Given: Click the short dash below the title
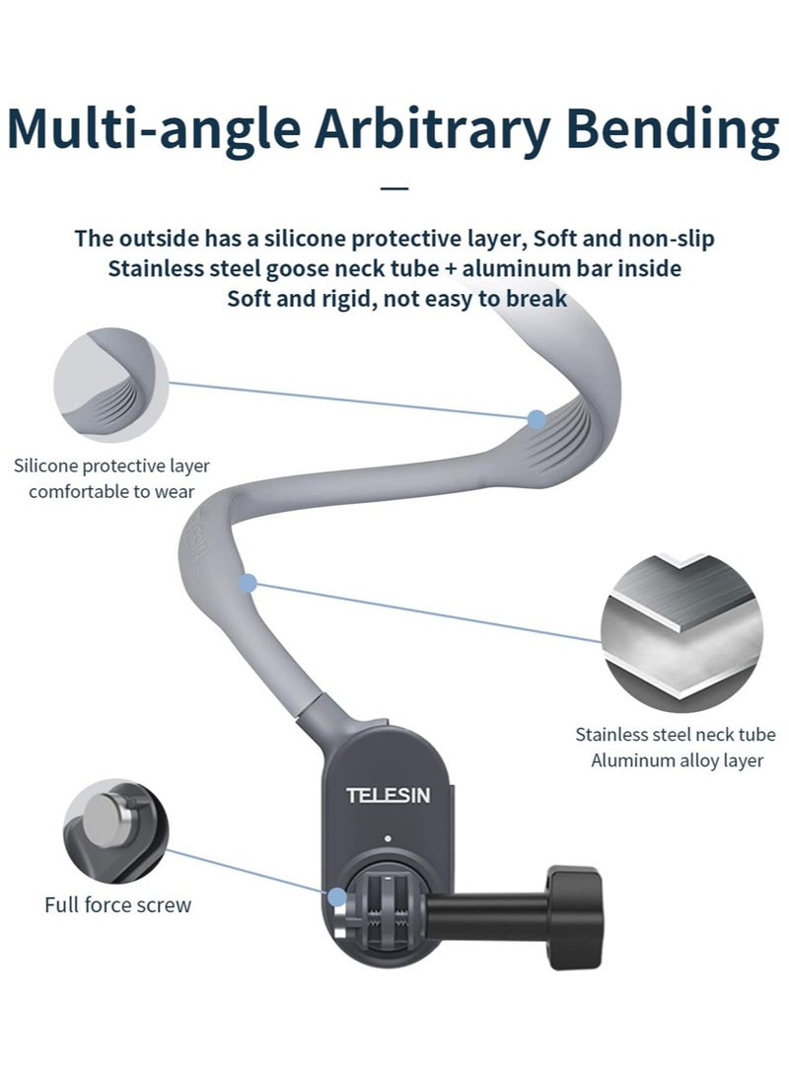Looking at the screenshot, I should click(x=394, y=186).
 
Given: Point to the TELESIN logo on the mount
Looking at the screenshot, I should click(x=388, y=796).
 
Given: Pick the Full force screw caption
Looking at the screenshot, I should click(x=117, y=904).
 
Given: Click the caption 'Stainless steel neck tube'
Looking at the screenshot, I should click(x=675, y=735).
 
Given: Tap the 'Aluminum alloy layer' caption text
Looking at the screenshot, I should click(x=677, y=760).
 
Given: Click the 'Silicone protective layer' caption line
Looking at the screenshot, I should click(x=111, y=466).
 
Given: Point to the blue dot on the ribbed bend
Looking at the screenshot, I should click(x=536, y=419).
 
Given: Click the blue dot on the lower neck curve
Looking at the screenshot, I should click(x=249, y=584).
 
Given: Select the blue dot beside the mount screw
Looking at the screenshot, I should click(x=337, y=897).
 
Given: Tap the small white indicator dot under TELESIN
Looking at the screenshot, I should click(x=389, y=839).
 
